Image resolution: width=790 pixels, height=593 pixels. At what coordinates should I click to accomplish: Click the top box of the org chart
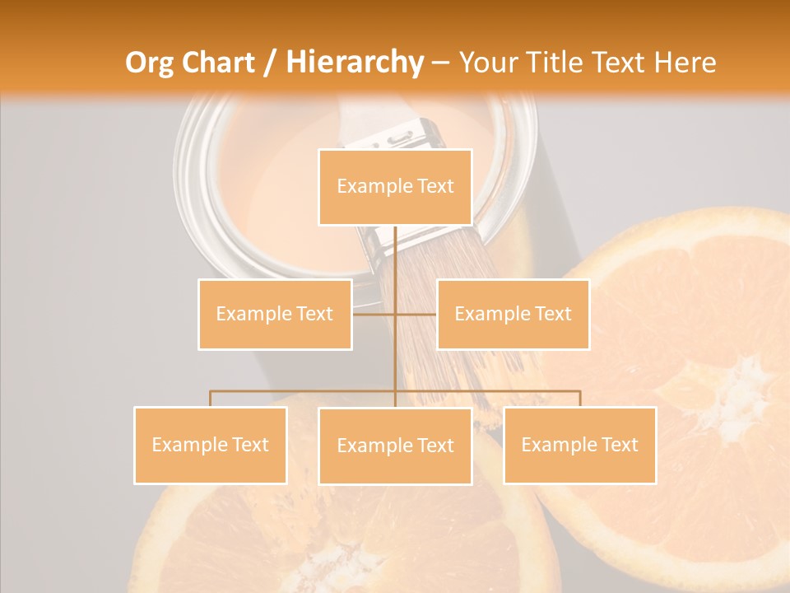point(395,187)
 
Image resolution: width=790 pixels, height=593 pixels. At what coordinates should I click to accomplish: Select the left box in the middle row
point(275,314)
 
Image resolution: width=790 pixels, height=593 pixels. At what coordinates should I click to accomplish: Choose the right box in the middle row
point(513,314)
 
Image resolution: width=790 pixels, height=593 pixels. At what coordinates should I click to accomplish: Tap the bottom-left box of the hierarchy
point(210,445)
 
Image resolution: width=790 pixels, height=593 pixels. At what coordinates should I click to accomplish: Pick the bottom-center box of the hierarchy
point(395,446)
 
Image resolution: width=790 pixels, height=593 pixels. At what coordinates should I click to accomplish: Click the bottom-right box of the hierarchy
point(579,445)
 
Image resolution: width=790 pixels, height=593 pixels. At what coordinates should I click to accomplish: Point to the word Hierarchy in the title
point(355,63)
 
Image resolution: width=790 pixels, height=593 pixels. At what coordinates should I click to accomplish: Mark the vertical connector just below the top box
point(395,247)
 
